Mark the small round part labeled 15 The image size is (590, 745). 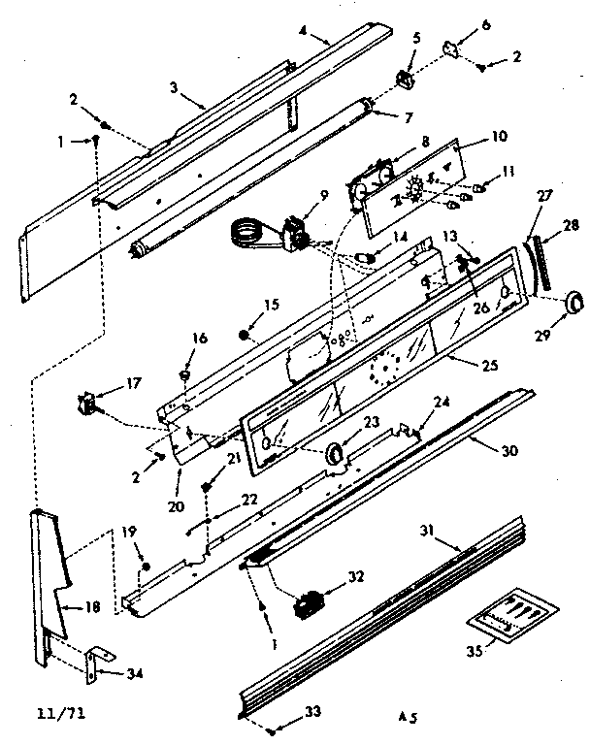tap(245, 336)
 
